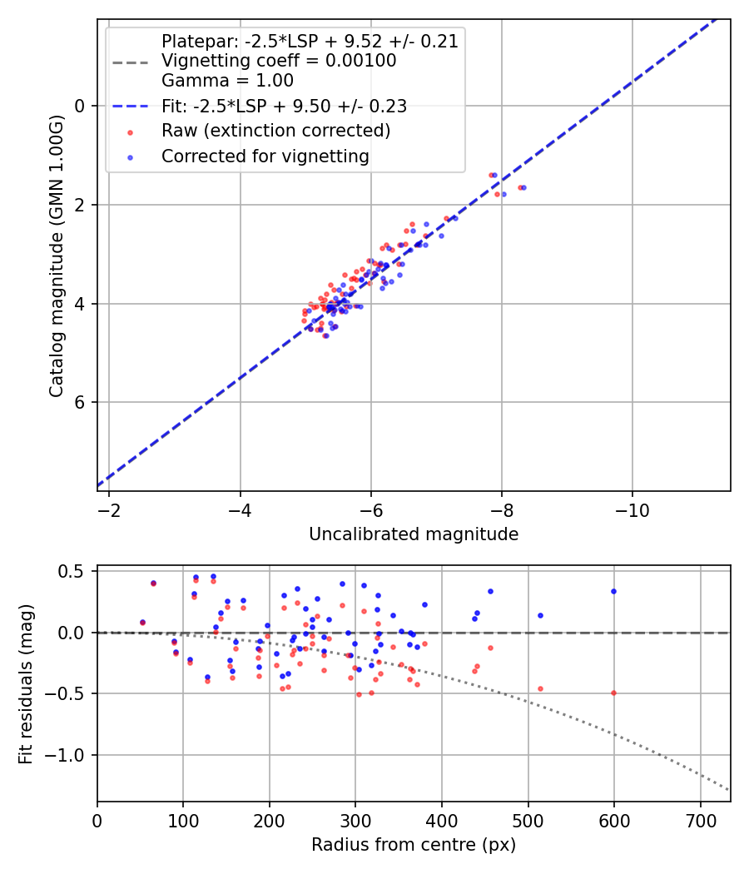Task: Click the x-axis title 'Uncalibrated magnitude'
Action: point(414,534)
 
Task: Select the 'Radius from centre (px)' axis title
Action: point(414,845)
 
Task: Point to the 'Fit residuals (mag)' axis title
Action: point(26,684)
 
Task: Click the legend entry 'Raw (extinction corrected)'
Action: point(275,131)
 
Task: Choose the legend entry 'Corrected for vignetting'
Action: point(265,156)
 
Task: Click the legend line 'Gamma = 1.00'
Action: point(227,81)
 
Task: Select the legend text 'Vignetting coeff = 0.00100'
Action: point(279,61)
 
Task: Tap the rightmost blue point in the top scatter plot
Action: point(523,187)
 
